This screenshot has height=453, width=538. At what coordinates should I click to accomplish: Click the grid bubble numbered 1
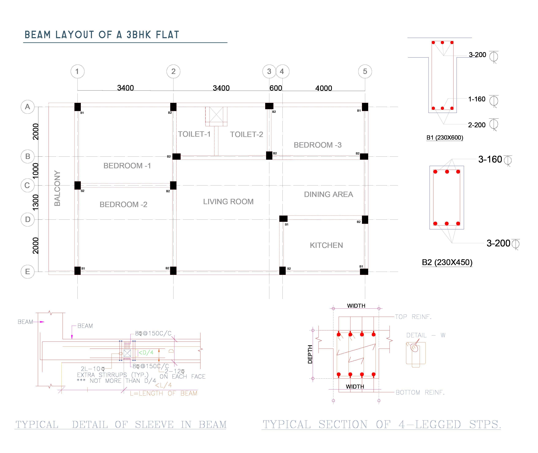[x=77, y=71]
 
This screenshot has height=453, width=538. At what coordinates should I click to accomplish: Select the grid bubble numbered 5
[x=365, y=71]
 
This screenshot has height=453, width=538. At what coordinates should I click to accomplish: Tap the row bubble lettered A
[x=27, y=107]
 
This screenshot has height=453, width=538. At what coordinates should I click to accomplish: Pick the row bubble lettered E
[x=27, y=271]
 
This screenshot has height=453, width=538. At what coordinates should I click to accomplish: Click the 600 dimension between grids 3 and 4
[x=276, y=88]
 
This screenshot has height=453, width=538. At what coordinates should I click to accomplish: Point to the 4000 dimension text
[x=323, y=88]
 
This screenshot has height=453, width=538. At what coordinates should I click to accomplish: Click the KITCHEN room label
[x=326, y=245]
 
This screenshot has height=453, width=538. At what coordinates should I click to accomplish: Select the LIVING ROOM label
[x=228, y=202]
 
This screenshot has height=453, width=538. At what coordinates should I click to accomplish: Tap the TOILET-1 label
[x=194, y=134]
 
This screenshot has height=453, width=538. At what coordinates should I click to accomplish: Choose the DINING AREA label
[x=328, y=194]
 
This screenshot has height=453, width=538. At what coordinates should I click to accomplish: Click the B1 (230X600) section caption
[x=445, y=138]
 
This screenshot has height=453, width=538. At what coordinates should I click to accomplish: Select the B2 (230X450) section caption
[x=447, y=262]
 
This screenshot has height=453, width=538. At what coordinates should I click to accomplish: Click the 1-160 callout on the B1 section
[x=477, y=99]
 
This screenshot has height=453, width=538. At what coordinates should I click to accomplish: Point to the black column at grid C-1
[x=77, y=185]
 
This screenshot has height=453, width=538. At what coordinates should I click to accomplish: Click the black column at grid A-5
[x=365, y=107]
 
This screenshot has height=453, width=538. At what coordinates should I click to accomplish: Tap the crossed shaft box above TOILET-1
[x=216, y=115]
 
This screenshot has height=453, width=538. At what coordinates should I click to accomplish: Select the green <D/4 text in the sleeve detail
[x=146, y=353]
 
